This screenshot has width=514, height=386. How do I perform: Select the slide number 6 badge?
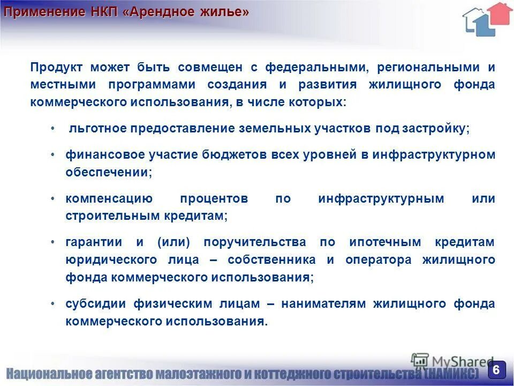click(496, 369)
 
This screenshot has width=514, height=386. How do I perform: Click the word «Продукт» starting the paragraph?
click(56, 68)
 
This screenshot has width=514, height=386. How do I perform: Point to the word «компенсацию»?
click(109, 198)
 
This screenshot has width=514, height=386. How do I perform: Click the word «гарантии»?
click(94, 242)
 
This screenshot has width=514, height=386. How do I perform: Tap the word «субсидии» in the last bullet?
click(96, 303)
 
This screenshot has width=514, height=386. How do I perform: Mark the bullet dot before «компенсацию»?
click(52, 198)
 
